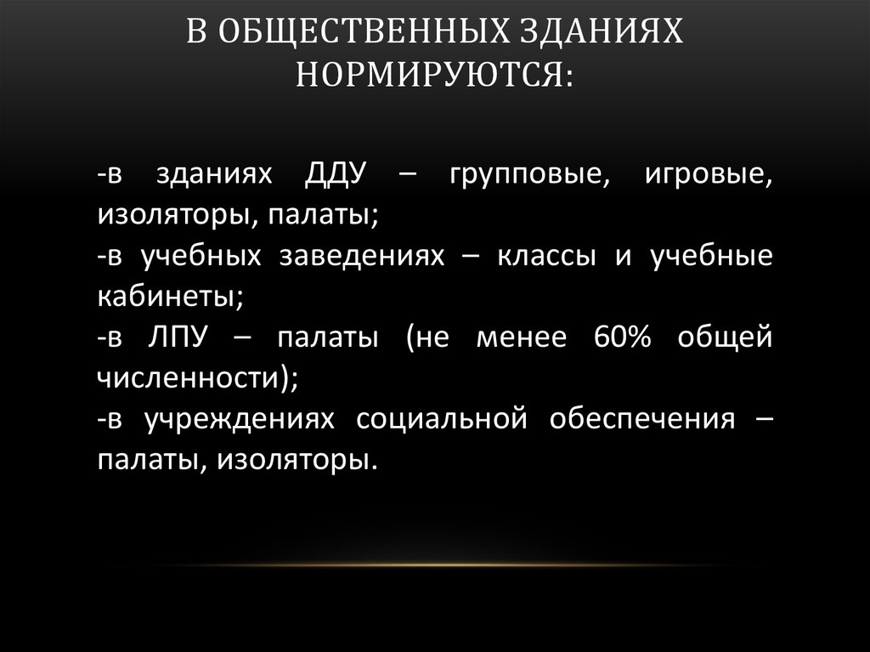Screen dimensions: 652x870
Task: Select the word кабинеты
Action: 170,297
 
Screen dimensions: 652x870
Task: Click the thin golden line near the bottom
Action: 435,564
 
